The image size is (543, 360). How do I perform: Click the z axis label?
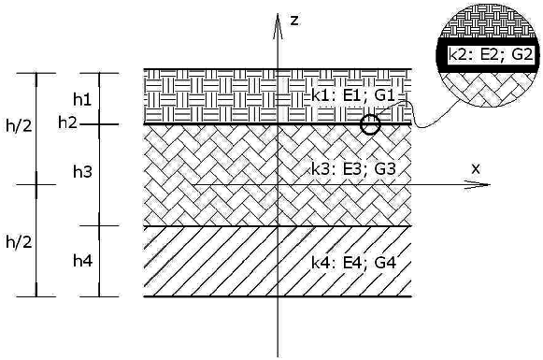[293, 20]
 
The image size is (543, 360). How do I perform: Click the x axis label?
[476, 168]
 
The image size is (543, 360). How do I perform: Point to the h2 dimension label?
[67, 122]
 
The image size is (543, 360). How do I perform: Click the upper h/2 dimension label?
[19, 126]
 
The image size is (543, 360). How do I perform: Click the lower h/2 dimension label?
[19, 240]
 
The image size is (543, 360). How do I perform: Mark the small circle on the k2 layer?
[370, 124]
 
